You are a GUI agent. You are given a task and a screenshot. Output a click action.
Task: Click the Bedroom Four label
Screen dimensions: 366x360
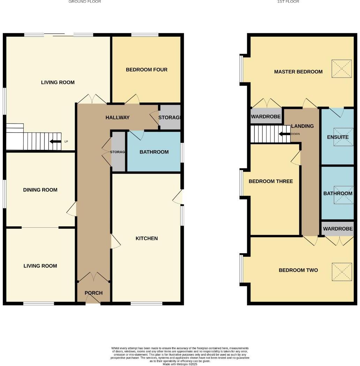[147, 70]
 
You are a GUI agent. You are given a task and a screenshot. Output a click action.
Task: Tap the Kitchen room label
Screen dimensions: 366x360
[147, 239]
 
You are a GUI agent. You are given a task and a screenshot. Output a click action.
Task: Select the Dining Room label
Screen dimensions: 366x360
[40, 190]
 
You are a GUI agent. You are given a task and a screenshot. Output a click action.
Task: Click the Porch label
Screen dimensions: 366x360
[93, 293]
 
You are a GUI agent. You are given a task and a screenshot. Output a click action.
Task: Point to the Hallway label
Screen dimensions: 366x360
[118, 118]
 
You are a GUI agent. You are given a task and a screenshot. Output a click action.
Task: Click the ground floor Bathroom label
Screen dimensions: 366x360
[154, 152]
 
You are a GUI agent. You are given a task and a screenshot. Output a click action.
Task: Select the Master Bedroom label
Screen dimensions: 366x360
[298, 72]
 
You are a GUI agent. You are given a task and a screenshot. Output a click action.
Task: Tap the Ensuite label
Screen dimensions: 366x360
[337, 137]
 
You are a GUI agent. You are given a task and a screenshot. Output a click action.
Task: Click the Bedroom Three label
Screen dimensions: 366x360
[270, 182]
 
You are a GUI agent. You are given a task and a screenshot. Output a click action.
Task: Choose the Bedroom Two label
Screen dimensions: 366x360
[298, 270]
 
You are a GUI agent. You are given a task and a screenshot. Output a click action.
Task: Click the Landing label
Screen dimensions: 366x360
[302, 126]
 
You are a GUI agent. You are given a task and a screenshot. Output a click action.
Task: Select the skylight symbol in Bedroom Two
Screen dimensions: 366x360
[342, 271]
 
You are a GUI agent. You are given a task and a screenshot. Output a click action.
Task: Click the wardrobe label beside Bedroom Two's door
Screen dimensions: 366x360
[338, 229]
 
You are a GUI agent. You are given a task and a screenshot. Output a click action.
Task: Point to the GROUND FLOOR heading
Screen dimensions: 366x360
[84, 2]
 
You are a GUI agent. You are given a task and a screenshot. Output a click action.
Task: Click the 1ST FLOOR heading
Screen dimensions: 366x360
[288, 2]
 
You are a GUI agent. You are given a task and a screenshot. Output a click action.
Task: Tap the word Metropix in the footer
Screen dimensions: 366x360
[182, 364]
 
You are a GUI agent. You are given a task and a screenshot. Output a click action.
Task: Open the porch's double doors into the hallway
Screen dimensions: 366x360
[93, 278]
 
